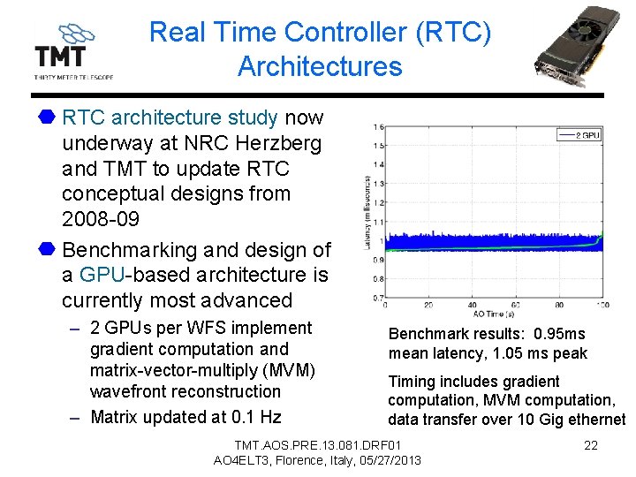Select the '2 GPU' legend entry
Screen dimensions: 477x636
click(579, 135)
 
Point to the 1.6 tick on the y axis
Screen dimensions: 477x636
click(378, 126)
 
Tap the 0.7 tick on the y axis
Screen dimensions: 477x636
click(378, 298)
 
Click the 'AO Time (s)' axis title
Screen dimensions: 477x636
click(496, 314)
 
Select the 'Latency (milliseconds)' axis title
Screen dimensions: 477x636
click(367, 212)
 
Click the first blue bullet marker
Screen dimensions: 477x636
click(47, 117)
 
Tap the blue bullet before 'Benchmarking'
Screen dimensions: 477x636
click(47, 250)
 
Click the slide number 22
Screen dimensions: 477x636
click(591, 445)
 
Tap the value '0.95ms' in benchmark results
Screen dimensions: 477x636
click(560, 334)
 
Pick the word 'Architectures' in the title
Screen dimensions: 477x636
click(320, 66)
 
